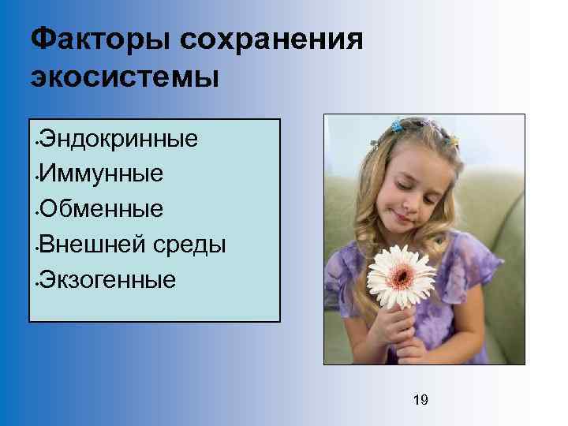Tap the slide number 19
click(x=420, y=401)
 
